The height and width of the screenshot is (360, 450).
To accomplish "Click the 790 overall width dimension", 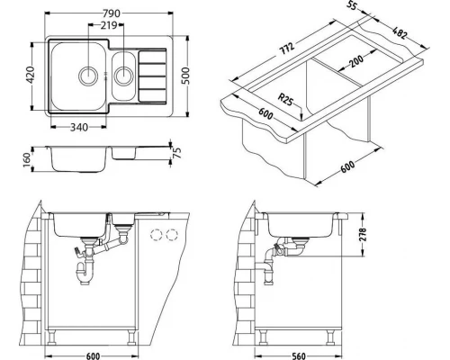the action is click(112, 13).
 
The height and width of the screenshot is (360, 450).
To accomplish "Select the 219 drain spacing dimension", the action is click(109, 25).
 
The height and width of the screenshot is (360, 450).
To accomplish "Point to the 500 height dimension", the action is click(186, 76).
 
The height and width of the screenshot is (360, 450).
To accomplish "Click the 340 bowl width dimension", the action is click(79, 127).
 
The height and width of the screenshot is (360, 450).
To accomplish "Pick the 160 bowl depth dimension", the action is click(27, 160).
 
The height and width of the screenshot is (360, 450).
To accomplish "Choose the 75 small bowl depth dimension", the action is click(177, 153).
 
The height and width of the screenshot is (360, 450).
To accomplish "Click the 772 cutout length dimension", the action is click(288, 48).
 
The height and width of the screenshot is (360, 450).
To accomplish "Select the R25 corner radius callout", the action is click(285, 100).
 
